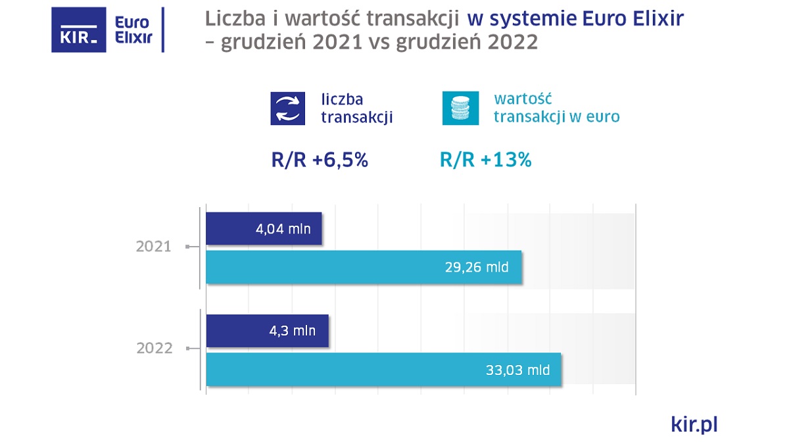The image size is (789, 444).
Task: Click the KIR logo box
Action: [79, 30]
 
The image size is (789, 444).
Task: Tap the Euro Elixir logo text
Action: [133, 30]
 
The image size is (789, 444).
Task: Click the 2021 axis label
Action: [153, 247]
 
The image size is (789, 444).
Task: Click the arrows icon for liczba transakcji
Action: [289, 109]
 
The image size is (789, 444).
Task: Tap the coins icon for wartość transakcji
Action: [460, 109]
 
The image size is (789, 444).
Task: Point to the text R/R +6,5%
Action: [319, 160]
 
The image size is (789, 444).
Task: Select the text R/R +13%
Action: [485, 160]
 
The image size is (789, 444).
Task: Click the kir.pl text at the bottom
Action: [694, 424]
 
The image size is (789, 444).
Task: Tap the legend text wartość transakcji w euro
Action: [556, 109]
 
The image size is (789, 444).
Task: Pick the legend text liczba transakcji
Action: [356, 109]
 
